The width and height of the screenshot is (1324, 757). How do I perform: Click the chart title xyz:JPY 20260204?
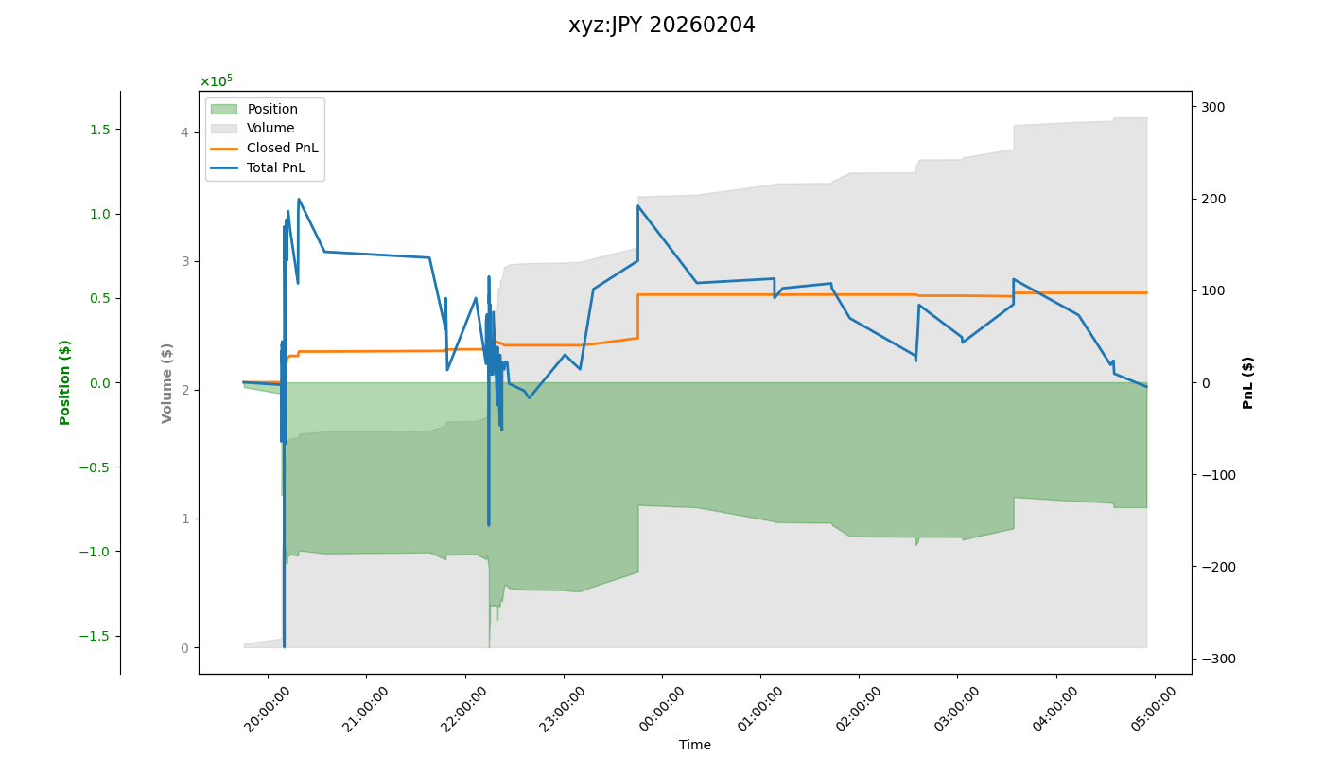pyautogui.click(x=661, y=26)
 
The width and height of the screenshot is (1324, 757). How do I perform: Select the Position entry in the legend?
pyautogui.click(x=272, y=109)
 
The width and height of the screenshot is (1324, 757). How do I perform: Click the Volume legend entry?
pyautogui.click(x=270, y=129)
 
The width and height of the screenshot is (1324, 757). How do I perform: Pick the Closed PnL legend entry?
pyautogui.click(x=282, y=149)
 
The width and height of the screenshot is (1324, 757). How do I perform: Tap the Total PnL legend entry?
pyautogui.click(x=275, y=168)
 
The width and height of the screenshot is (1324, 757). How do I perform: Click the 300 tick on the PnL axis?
pyautogui.click(x=1213, y=107)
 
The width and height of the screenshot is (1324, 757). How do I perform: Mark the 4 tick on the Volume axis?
pyautogui.click(x=184, y=132)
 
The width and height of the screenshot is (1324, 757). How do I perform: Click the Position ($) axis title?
pyautogui.click(x=65, y=381)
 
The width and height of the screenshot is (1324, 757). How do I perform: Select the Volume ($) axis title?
pyautogui.click(x=167, y=382)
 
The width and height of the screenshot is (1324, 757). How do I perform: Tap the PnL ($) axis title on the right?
pyautogui.click(x=1248, y=382)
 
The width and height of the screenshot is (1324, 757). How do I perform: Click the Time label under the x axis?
pyautogui.click(x=694, y=745)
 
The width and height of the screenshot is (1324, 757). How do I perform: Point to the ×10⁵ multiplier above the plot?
pyautogui.click(x=216, y=81)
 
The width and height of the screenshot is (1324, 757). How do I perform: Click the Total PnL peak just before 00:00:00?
pyautogui.click(x=638, y=206)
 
